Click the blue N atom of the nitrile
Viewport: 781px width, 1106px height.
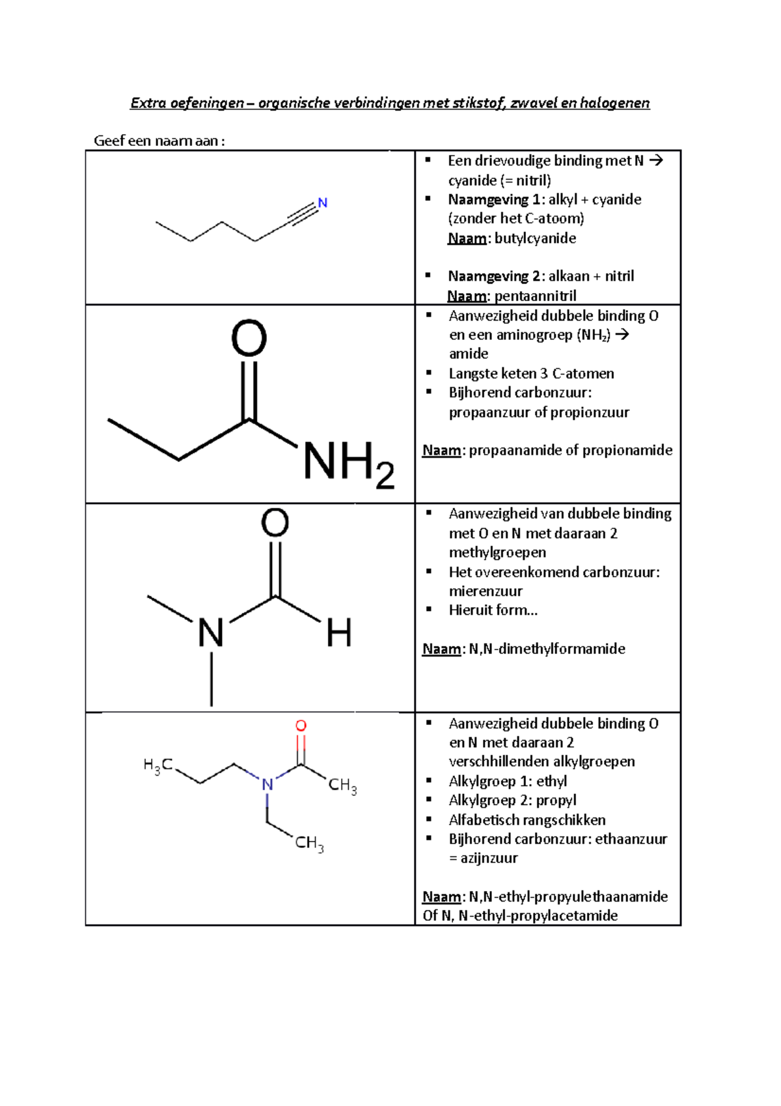click(323, 203)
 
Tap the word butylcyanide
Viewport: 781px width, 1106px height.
click(535, 238)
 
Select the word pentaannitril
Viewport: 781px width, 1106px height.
click(535, 296)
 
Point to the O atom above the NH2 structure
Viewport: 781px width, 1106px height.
click(249, 338)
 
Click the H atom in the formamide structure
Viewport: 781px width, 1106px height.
click(339, 632)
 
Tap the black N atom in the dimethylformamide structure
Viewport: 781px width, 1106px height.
click(211, 632)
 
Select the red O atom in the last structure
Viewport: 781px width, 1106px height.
click(301, 726)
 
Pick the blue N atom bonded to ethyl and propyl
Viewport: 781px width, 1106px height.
click(267, 785)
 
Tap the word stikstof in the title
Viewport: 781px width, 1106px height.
click(480, 103)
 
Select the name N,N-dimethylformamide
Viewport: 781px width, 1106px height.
click(547, 649)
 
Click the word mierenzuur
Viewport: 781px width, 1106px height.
click(486, 591)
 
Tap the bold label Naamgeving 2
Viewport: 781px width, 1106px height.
click(495, 276)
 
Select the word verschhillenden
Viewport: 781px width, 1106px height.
click(497, 762)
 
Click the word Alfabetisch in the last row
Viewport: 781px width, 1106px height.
click(484, 820)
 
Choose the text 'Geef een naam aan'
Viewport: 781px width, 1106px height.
click(156, 141)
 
